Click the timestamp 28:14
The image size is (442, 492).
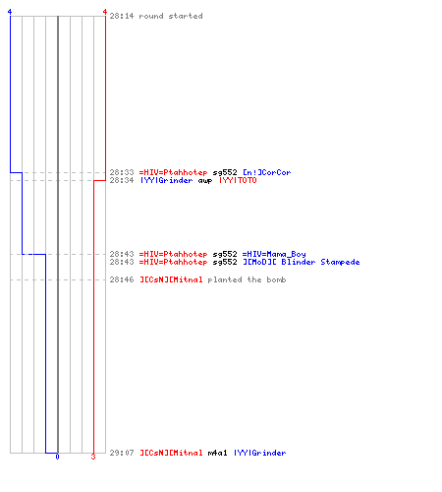pyautogui.click(x=122, y=16)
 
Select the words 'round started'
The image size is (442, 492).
pyautogui.click(x=171, y=16)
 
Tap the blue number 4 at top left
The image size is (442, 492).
pyautogui.click(x=10, y=12)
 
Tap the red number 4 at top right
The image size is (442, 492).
pyautogui.click(x=104, y=12)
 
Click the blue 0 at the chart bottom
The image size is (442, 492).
pyautogui.click(x=57, y=457)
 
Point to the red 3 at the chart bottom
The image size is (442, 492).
pyautogui.click(x=93, y=457)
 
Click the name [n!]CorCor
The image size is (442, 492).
pyautogui.click(x=266, y=172)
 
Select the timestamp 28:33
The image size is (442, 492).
pyautogui.click(x=122, y=172)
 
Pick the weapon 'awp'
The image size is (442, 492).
pyautogui.click(x=205, y=181)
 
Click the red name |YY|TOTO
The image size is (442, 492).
pyautogui.click(x=238, y=180)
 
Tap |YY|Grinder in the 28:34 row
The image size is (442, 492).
pyautogui.click(x=167, y=180)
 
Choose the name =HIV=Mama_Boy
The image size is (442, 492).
pyautogui.click(x=274, y=254)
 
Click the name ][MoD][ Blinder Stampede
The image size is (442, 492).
pyautogui.click(x=302, y=262)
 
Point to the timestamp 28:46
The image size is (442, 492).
pyautogui.click(x=122, y=279)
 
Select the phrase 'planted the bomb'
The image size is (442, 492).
pyautogui.click(x=247, y=279)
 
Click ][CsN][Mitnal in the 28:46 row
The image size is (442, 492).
pyautogui.click(x=171, y=279)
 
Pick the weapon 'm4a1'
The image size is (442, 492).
pyautogui.click(x=217, y=453)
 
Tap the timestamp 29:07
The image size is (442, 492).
pyautogui.click(x=122, y=453)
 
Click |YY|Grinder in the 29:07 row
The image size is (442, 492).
pyautogui.click(x=260, y=453)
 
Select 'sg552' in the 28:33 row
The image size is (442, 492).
pyautogui.click(x=225, y=172)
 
